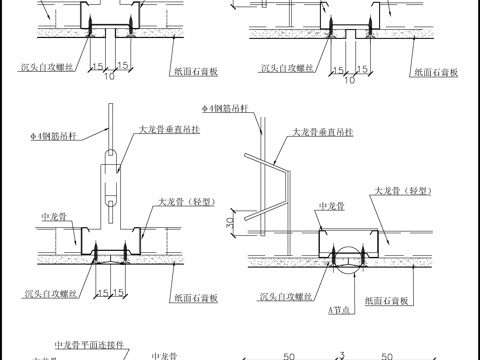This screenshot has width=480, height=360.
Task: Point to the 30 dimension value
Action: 231,223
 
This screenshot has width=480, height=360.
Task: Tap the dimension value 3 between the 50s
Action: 342,353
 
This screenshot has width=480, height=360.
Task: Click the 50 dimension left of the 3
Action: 288,353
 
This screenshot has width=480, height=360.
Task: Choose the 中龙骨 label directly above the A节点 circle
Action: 330,207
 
